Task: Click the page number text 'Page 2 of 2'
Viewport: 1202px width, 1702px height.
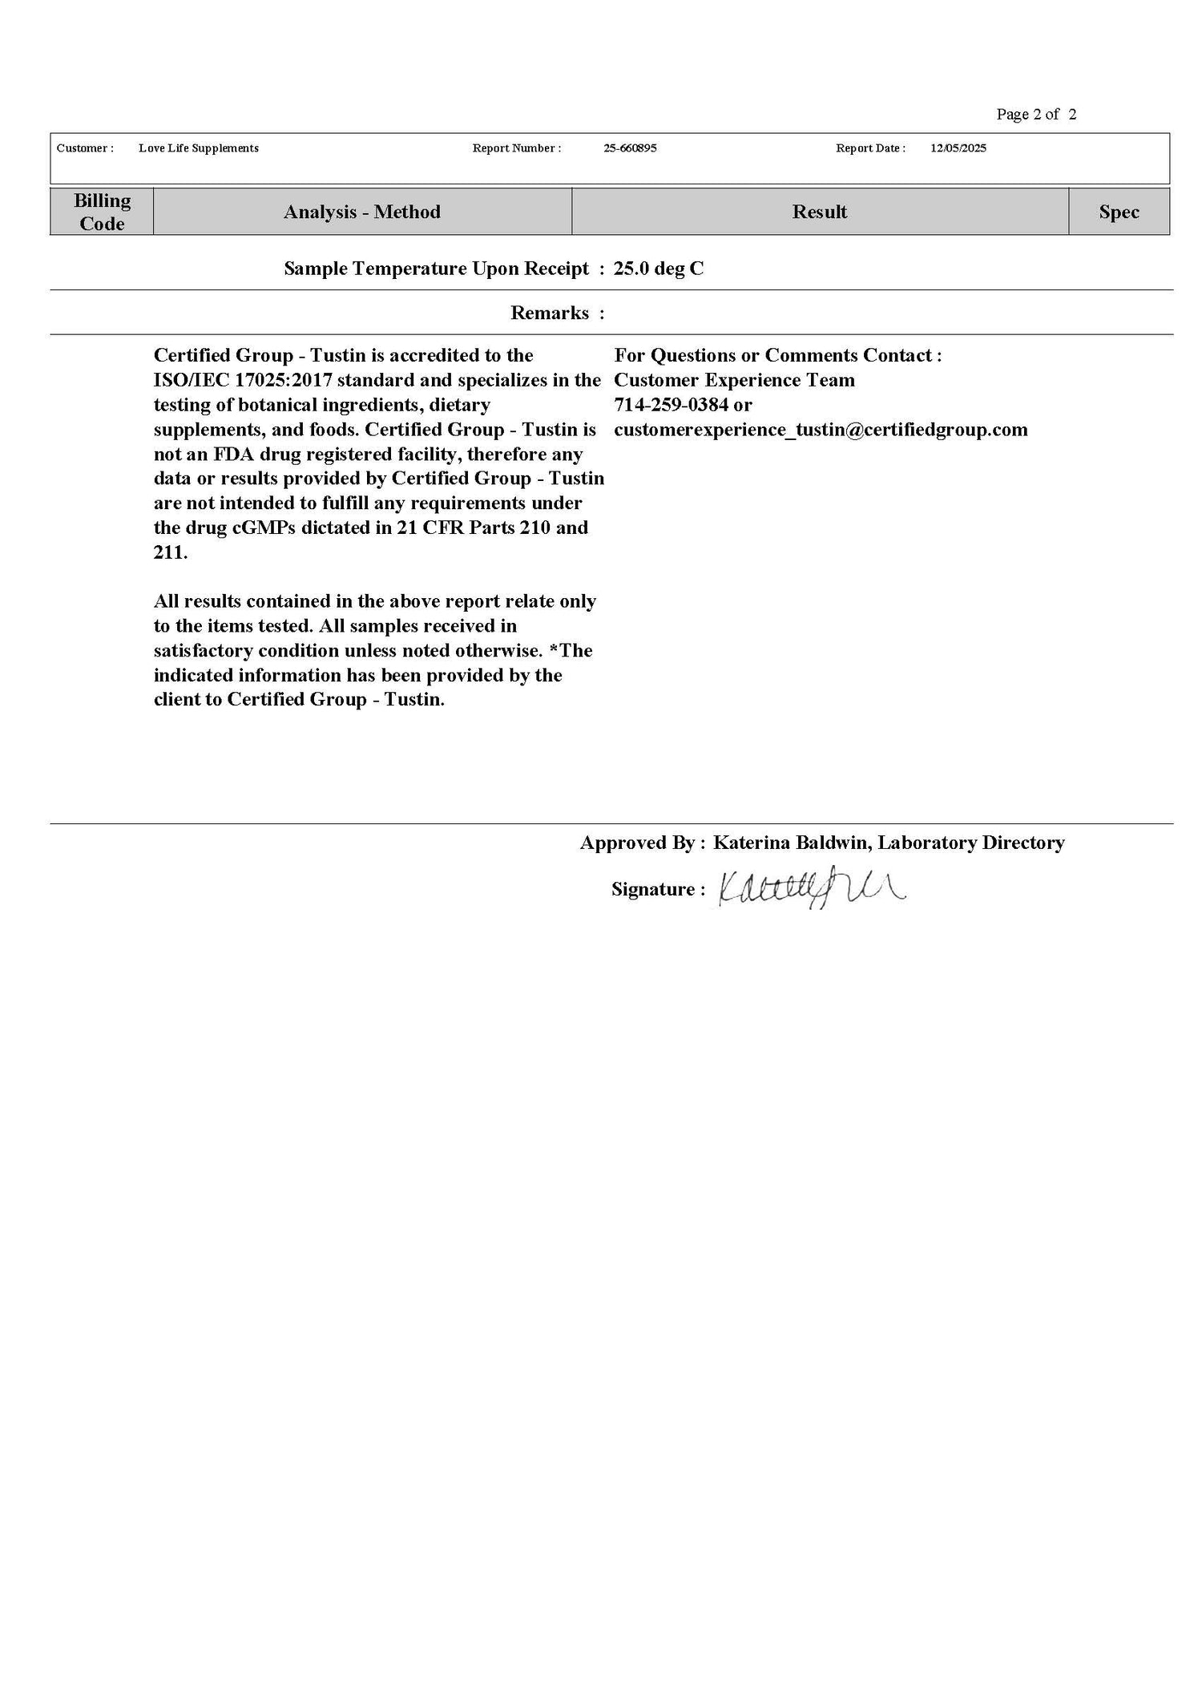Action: pyautogui.click(x=1035, y=115)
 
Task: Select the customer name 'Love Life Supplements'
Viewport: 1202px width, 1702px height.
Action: pyautogui.click(x=198, y=148)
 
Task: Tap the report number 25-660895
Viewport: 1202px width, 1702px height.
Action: pyautogui.click(x=630, y=148)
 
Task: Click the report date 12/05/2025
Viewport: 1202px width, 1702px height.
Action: pyautogui.click(x=958, y=148)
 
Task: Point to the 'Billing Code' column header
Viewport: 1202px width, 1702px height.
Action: pyautogui.click(x=102, y=212)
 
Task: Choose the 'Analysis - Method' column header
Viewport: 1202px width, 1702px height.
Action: pyautogui.click(x=362, y=212)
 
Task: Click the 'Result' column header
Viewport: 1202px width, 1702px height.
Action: pyautogui.click(x=819, y=212)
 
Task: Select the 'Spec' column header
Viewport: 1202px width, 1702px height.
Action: pyautogui.click(x=1119, y=212)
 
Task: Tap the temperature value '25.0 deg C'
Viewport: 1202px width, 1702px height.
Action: pyautogui.click(x=659, y=269)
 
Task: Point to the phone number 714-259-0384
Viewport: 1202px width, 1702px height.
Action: pyautogui.click(x=672, y=405)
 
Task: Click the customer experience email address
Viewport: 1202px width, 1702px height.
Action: pyautogui.click(x=821, y=430)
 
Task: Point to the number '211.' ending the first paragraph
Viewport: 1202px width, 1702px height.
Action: pyautogui.click(x=171, y=552)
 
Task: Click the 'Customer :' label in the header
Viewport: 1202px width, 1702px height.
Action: pyautogui.click(x=85, y=148)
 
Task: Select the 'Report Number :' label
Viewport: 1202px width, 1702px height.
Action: pyautogui.click(x=516, y=148)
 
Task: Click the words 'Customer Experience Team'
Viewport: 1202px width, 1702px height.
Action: pyautogui.click(x=734, y=380)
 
